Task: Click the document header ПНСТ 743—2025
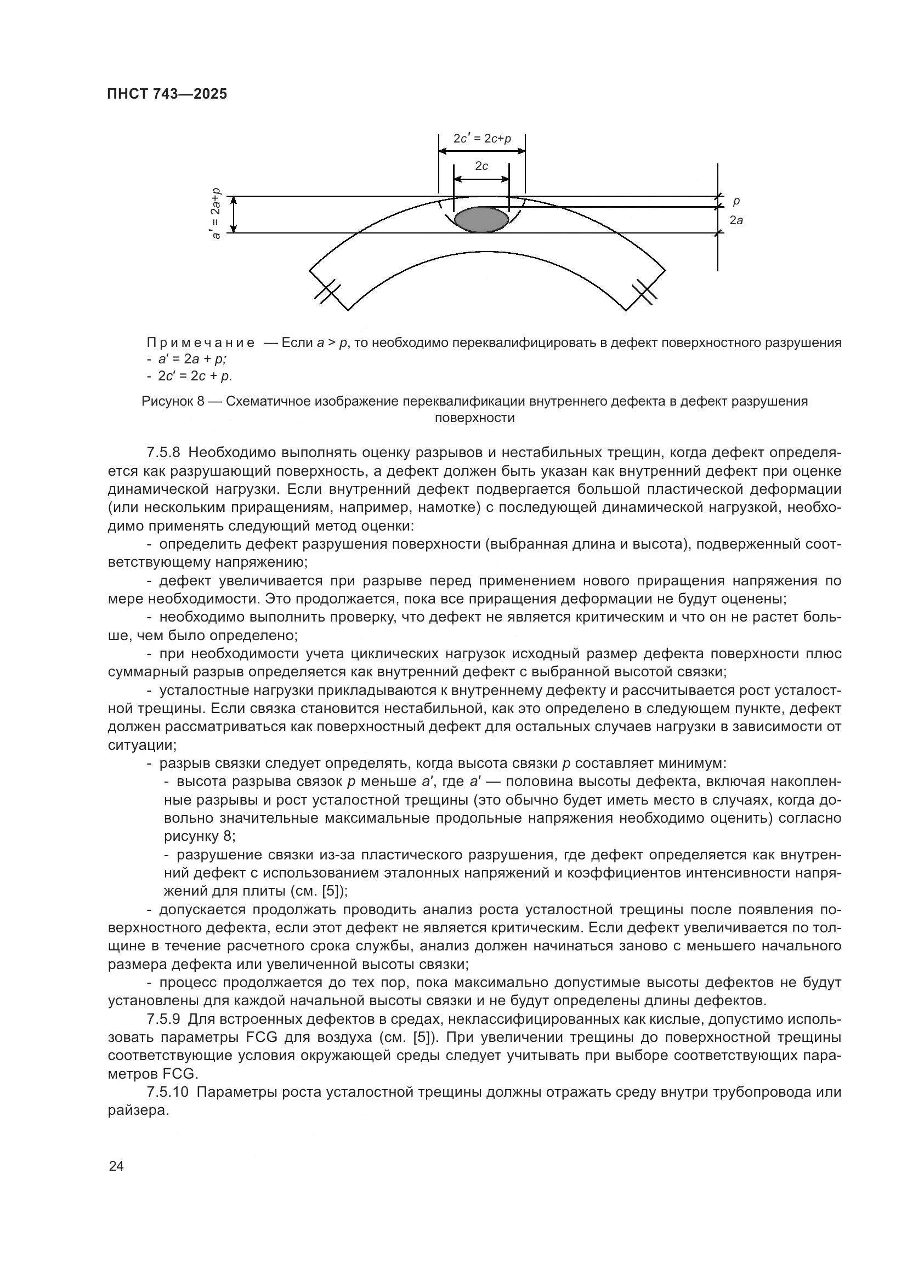click(167, 94)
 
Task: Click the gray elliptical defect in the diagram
click(481, 219)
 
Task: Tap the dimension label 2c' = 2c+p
click(482, 139)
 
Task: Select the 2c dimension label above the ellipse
click(481, 166)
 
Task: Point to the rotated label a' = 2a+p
click(217, 214)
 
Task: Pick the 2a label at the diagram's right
click(736, 220)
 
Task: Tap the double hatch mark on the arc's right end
click(644, 292)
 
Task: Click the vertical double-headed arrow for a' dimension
click(235, 214)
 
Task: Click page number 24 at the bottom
click(116, 1166)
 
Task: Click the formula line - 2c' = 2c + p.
click(190, 376)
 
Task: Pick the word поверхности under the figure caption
click(474, 418)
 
